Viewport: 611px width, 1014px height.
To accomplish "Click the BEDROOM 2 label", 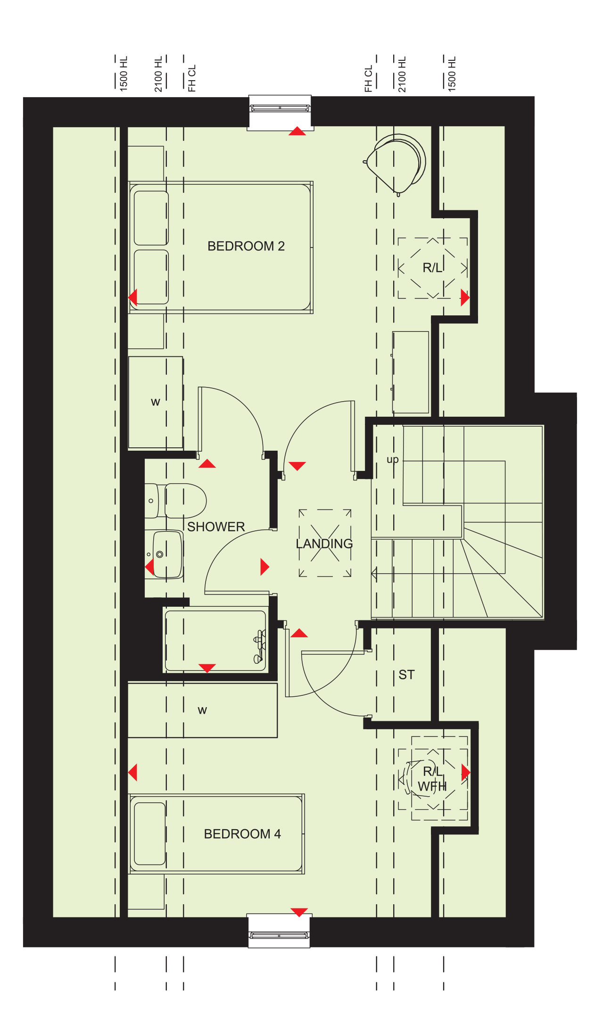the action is (246, 246).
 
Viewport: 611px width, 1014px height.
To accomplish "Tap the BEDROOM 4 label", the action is (242, 834).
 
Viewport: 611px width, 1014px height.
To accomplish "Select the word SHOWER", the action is (216, 527).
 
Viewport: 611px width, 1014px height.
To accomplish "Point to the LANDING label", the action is (324, 544).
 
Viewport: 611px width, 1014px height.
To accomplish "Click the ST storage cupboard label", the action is (406, 675).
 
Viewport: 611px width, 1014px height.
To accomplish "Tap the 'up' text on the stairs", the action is (393, 460).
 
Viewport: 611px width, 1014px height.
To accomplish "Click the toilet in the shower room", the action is (175, 500).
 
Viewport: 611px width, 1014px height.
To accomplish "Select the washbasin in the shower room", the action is (165, 554).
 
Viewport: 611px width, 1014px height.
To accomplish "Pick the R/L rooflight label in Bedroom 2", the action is (432, 268).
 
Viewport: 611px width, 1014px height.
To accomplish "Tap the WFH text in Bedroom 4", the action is (432, 786).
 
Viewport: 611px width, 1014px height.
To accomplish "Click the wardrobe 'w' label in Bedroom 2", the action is (156, 402).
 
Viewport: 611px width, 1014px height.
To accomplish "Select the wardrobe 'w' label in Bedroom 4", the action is (202, 710).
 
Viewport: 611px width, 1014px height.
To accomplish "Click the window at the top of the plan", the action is (280, 112).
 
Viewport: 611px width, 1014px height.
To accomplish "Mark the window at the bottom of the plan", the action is (279, 931).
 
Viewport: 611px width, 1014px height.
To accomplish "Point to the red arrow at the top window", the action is (297, 131).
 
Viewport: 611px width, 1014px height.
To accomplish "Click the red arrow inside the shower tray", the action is (207, 668).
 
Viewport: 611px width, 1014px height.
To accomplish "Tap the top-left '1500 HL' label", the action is (124, 74).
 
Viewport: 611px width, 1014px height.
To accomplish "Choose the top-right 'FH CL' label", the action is (368, 78).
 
